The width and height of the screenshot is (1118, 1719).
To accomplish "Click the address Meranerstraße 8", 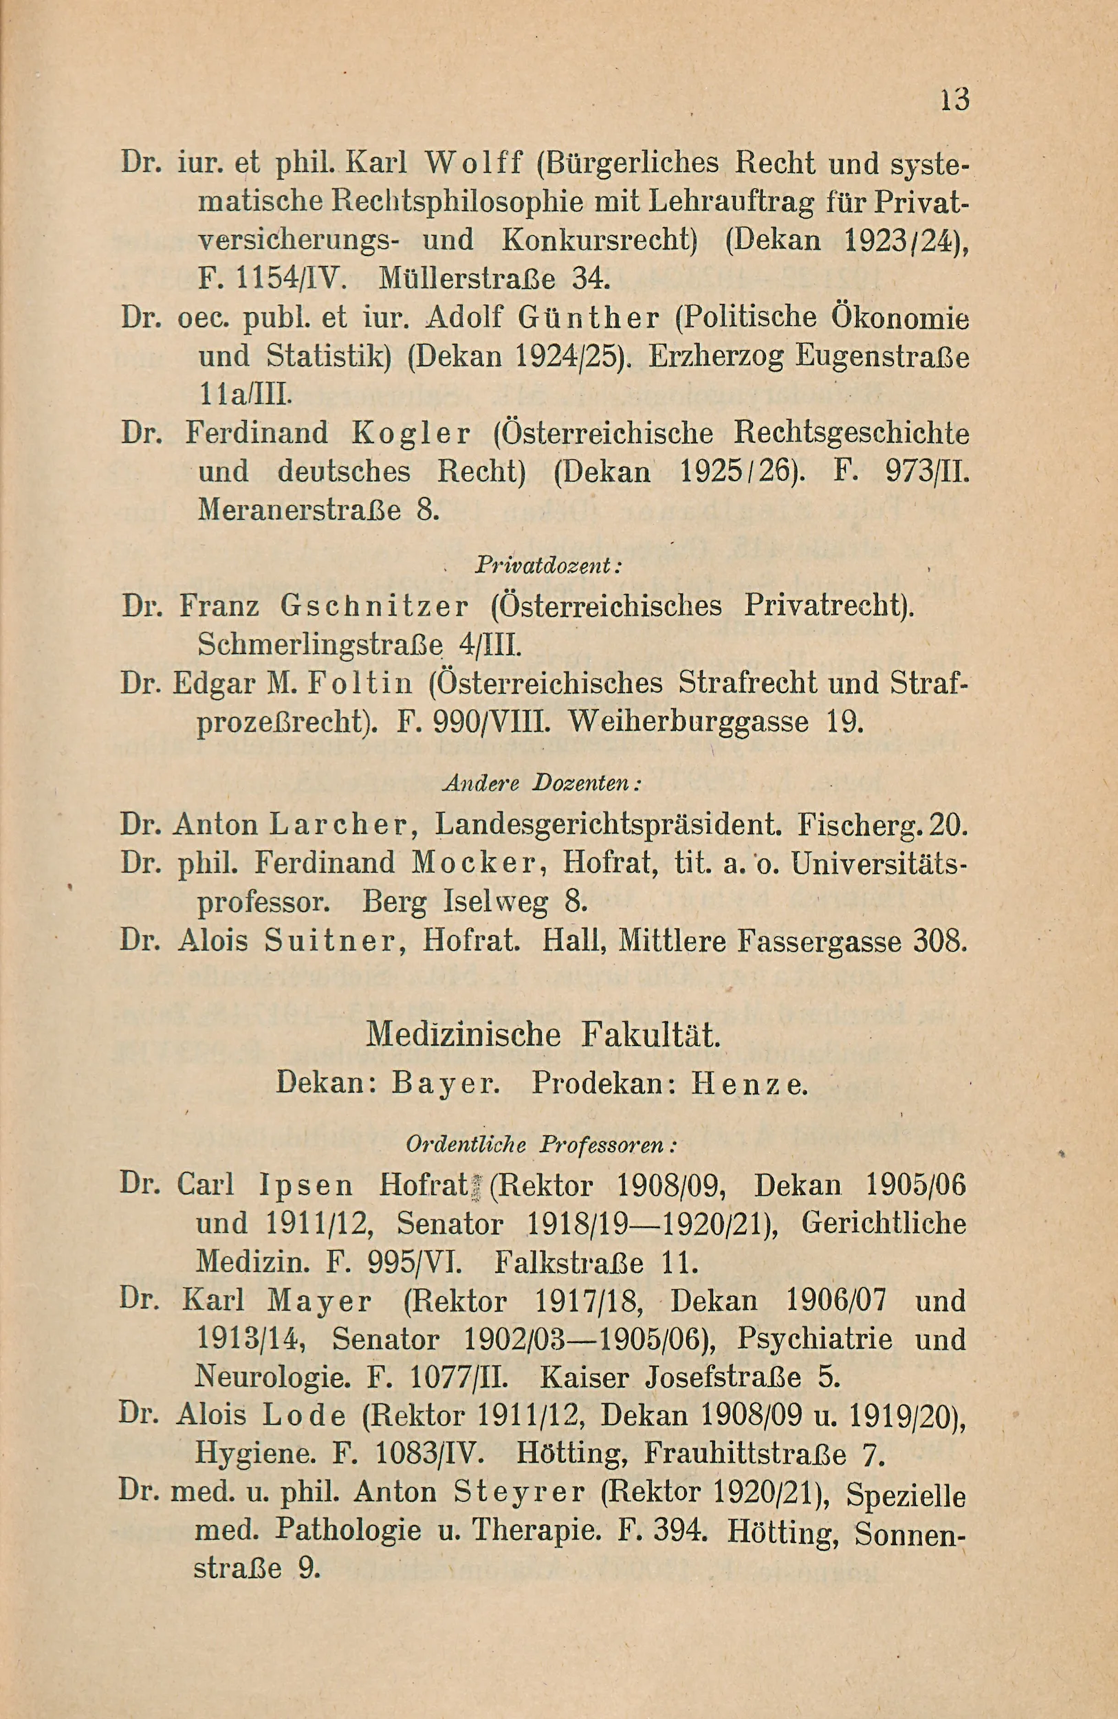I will pos(318,511).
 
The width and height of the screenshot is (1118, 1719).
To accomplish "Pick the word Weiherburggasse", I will pos(688,722).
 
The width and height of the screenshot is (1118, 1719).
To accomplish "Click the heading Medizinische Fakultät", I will pos(543,1035).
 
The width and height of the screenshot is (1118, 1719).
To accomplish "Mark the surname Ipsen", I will pos(305,1185).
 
